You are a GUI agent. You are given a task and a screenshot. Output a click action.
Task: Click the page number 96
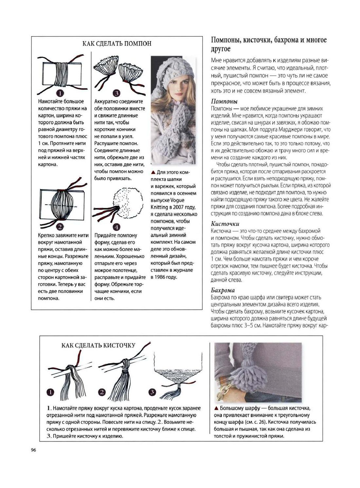point(33,450)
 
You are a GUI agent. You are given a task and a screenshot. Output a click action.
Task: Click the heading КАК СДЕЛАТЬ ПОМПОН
point(117,44)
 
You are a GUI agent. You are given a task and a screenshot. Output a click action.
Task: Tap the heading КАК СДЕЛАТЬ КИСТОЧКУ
point(99,345)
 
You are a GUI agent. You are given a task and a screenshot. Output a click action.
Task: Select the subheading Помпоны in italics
point(224,101)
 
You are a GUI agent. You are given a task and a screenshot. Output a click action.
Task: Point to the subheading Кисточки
point(225,224)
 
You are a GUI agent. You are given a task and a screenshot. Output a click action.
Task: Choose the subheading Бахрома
point(223,290)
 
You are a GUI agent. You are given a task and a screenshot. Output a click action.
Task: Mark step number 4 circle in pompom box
point(117,226)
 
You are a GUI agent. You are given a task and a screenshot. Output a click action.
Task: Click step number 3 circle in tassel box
point(152,392)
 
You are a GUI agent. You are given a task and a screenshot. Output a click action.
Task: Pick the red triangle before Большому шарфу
point(216,408)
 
